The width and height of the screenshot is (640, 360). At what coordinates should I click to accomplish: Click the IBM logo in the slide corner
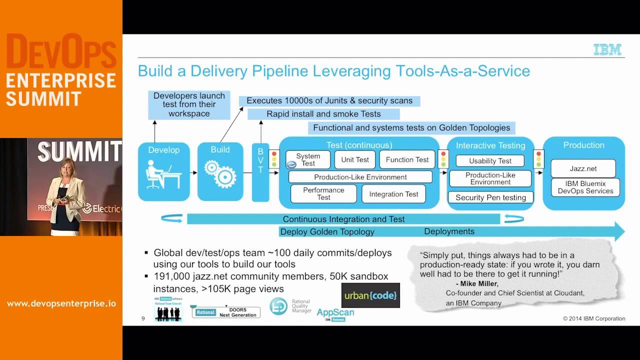point(607,49)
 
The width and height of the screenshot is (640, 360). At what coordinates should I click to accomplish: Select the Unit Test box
point(355,160)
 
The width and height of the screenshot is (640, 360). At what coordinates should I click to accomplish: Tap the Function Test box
point(407,160)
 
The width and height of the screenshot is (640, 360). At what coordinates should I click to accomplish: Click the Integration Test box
point(393,194)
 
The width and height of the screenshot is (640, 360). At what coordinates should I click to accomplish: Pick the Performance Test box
point(323,194)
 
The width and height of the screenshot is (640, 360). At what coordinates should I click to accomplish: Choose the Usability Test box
point(490,161)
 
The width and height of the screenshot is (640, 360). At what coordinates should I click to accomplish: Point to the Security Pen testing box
point(490,197)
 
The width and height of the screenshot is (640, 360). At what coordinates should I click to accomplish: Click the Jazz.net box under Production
point(583,169)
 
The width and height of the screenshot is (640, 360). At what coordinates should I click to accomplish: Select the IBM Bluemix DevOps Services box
point(585,187)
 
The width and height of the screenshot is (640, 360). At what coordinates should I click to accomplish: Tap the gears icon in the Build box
point(219,173)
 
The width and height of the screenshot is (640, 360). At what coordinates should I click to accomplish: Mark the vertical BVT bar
point(260,172)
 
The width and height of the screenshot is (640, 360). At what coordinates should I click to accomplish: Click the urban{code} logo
point(370,295)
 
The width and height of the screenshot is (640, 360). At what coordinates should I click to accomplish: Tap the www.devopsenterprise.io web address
point(61,303)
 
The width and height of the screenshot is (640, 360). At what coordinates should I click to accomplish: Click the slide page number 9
point(143,318)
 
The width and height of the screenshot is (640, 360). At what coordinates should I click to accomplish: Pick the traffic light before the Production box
point(538,159)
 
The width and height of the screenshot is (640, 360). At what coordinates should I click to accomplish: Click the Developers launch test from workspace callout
point(189,104)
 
